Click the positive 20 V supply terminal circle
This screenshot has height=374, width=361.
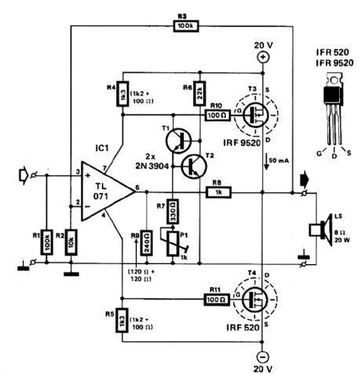264,57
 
